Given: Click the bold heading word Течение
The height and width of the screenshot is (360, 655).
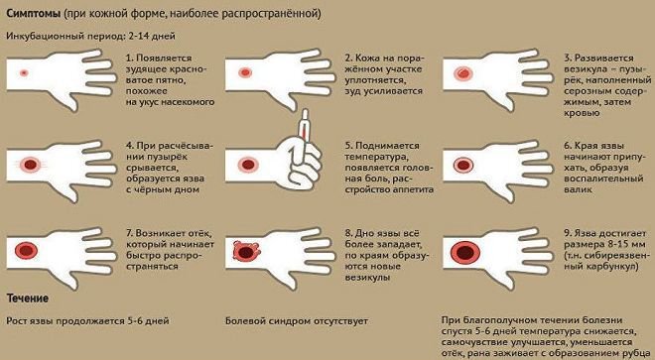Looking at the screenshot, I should coord(30,298).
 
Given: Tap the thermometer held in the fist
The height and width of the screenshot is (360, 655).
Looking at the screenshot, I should coord(305,140).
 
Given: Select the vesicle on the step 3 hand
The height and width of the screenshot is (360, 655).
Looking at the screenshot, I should coord(461,73).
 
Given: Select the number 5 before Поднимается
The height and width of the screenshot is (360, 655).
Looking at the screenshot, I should coord(347,145).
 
